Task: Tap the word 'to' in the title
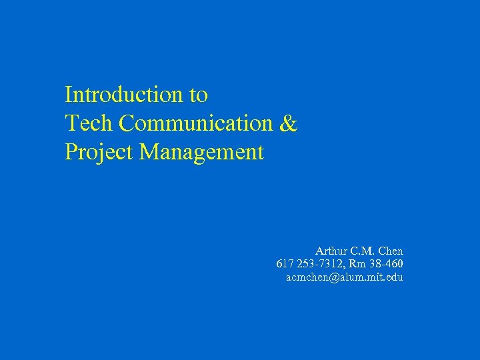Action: click(x=199, y=95)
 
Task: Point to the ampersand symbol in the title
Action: click(x=289, y=124)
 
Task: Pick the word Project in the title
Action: click(x=99, y=153)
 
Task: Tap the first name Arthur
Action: click(x=331, y=251)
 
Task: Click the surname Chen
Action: click(x=391, y=251)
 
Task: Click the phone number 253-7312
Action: click(x=317, y=264)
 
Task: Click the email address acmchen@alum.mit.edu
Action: click(x=344, y=277)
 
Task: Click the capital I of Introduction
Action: click(x=68, y=95)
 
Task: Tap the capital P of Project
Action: click(x=70, y=153)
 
